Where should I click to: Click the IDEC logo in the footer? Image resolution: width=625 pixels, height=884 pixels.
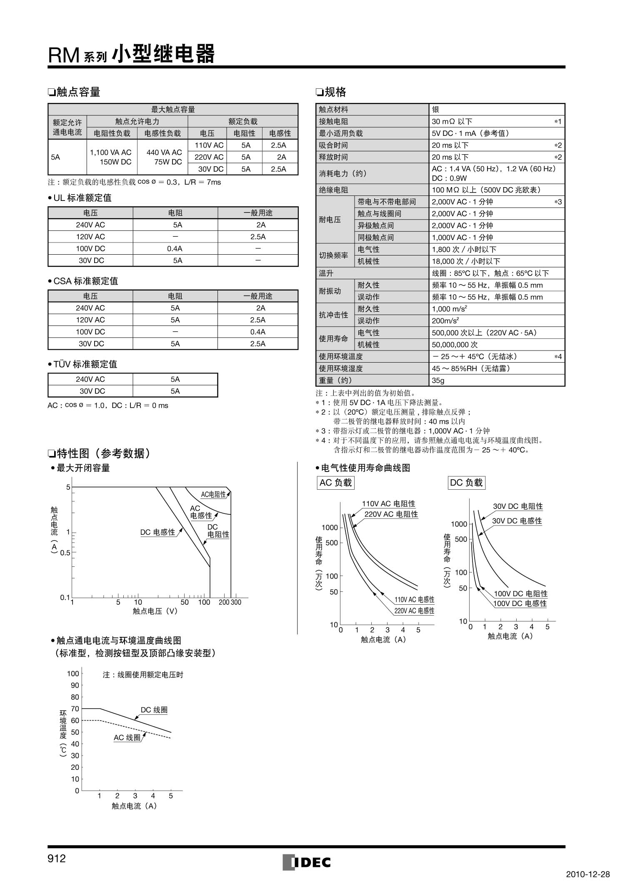(307, 862)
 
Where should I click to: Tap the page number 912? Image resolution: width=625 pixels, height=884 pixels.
(57, 859)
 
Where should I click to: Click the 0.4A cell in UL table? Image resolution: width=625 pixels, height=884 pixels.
(175, 248)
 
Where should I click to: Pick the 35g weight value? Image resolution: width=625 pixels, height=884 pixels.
(438, 381)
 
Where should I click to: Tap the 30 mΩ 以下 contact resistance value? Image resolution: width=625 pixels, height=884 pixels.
(452, 122)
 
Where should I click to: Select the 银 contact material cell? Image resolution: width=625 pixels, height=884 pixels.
(435, 110)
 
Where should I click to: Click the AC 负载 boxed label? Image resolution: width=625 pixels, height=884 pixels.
(335, 483)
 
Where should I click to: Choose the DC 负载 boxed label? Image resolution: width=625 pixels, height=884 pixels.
(466, 483)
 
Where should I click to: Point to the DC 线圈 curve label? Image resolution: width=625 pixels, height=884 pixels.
(154, 710)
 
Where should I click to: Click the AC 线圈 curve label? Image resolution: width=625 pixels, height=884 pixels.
(127, 737)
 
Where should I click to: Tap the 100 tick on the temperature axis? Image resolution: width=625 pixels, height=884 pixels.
(73, 674)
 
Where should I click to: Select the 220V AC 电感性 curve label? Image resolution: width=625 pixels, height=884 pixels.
(414, 611)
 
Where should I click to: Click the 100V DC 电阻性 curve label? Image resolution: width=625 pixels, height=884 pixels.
(520, 594)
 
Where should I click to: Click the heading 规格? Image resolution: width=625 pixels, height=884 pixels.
(335, 92)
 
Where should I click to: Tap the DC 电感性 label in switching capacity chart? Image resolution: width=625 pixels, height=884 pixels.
(157, 532)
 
